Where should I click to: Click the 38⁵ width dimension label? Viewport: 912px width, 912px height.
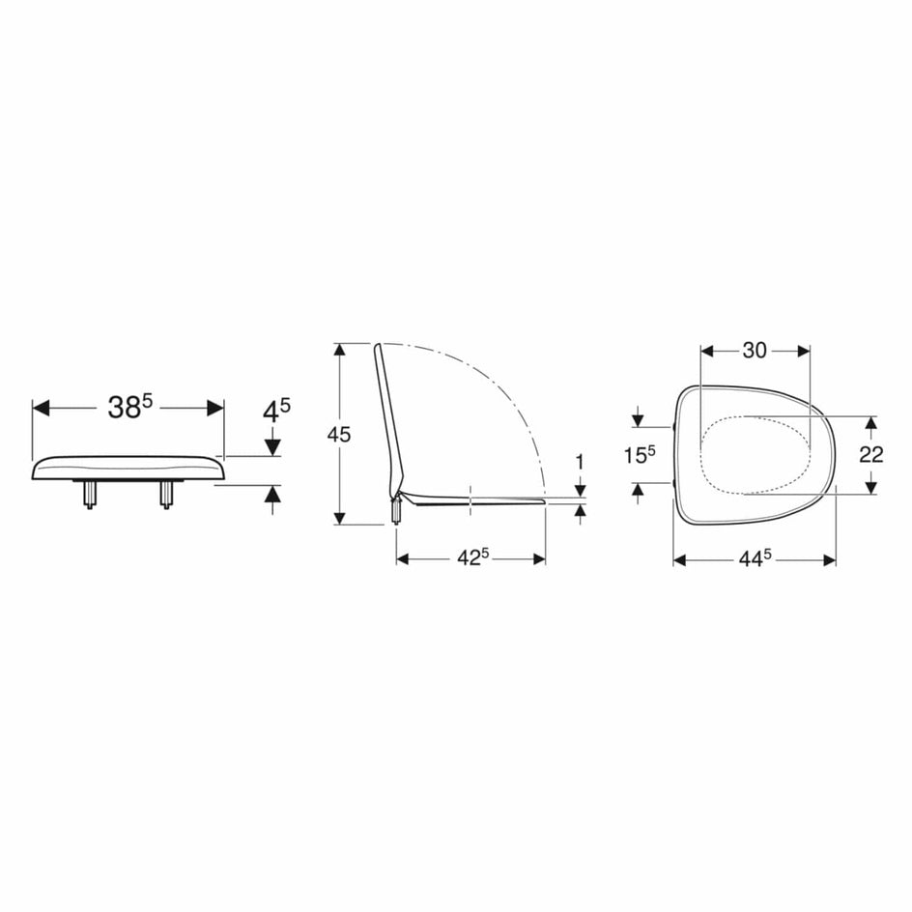[129, 407]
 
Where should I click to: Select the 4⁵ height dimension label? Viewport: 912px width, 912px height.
[276, 412]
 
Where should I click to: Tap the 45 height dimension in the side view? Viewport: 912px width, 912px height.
[339, 434]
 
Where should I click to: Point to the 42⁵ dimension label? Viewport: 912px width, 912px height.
[472, 557]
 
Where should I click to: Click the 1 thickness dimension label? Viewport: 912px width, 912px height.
[580, 463]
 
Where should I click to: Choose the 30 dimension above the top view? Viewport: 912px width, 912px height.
[755, 350]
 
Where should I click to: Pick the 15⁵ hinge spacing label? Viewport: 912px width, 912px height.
[640, 454]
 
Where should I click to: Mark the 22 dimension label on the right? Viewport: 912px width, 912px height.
[871, 454]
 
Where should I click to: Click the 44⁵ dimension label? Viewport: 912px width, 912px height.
[755, 558]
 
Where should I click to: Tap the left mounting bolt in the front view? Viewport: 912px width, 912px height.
[90, 495]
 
